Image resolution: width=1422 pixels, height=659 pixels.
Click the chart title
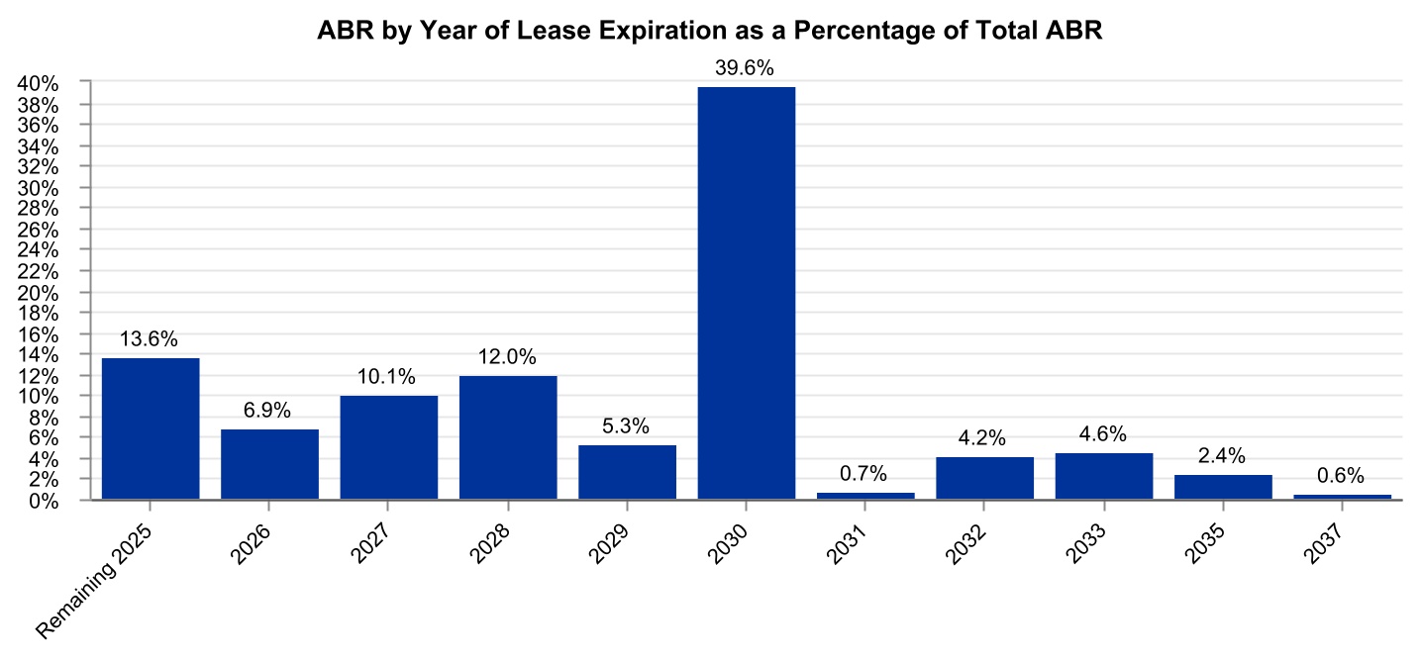pyautogui.click(x=710, y=31)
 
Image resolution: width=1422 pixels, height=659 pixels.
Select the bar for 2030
pyautogui.click(x=746, y=293)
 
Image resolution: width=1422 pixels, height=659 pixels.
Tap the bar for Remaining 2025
pyautogui.click(x=151, y=428)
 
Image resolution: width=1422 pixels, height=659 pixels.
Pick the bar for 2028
pyautogui.click(x=508, y=437)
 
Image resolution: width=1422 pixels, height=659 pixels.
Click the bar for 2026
pyautogui.click(x=269, y=464)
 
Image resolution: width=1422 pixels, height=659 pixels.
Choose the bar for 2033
pyautogui.click(x=1103, y=476)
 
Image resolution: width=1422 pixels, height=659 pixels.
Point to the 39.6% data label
pyautogui.click(x=746, y=69)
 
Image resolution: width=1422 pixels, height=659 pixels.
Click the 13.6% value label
pyautogui.click(x=149, y=339)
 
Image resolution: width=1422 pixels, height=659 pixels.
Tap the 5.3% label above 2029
pyautogui.click(x=626, y=426)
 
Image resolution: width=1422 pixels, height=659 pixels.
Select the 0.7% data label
pyautogui.click(x=863, y=474)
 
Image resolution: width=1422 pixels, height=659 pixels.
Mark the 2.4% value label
pyautogui.click(x=1222, y=456)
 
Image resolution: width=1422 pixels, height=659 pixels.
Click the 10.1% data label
pyautogui.click(x=387, y=377)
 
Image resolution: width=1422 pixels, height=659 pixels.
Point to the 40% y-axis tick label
pyautogui.click(x=42, y=84)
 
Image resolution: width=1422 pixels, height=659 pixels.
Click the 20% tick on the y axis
pyautogui.click(x=42, y=293)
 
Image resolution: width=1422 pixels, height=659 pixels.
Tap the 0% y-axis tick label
pyautogui.click(x=47, y=501)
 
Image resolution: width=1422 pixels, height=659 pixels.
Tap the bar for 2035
pyautogui.click(x=1222, y=488)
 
